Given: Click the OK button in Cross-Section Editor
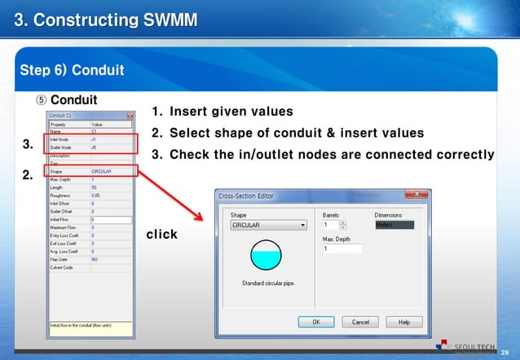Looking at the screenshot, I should [x=316, y=322].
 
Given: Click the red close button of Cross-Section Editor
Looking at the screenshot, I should [x=416, y=194].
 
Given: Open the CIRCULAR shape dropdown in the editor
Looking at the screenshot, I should [x=269, y=226].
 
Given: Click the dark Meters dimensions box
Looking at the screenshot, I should [x=394, y=225].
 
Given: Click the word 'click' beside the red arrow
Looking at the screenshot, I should [x=161, y=235].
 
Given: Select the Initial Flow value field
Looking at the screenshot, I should [x=110, y=219].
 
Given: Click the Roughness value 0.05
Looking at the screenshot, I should [x=96, y=195].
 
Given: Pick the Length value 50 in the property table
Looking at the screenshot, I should [x=94, y=187].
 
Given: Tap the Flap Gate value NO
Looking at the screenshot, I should [x=95, y=259].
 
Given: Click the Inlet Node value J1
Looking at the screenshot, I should [x=94, y=139].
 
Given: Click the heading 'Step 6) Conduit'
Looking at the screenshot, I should [x=72, y=70].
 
